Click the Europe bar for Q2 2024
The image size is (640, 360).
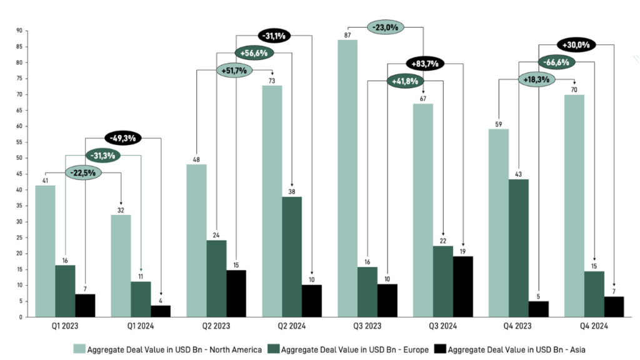pos(291,257)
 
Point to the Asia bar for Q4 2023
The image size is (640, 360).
pos(538,309)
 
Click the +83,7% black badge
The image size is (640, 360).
pos(425,63)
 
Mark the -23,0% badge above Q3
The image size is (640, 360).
pos(386,27)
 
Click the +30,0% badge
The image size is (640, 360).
pos(576,45)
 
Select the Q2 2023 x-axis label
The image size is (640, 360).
pos(216,326)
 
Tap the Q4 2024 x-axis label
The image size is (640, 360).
pos(593,326)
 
